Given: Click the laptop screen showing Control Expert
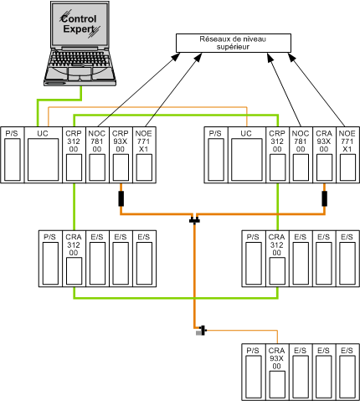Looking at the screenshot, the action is (80, 24).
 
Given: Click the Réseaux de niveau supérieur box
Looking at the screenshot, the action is (234, 43).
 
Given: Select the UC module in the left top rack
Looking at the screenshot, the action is (44, 155).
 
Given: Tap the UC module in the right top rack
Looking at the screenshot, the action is (247, 155).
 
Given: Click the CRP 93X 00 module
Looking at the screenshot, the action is (121, 155).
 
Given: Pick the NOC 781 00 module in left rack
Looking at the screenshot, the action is (97, 155).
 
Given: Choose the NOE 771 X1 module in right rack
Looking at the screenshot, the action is (347, 155).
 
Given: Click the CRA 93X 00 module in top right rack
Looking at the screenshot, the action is (324, 155).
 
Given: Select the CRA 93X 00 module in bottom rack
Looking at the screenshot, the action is (277, 372).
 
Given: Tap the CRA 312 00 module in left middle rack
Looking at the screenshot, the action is (74, 259).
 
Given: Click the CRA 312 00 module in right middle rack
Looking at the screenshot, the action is (277, 259).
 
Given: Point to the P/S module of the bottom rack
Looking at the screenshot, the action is (254, 372).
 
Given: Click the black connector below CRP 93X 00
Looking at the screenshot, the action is (121, 198).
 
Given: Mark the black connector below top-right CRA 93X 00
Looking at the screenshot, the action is (324, 198).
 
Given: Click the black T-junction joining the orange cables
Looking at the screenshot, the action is (194, 220).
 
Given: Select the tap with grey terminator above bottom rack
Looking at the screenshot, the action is (201, 331).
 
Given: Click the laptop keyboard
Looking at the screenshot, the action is (80, 59).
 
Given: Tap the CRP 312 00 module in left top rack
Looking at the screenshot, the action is (74, 155).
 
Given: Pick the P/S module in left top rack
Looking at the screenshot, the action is (13, 155).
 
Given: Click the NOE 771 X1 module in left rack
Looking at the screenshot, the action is (144, 155).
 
